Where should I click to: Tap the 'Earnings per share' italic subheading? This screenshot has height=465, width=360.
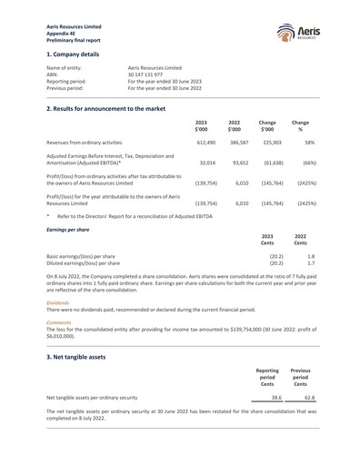67,230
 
